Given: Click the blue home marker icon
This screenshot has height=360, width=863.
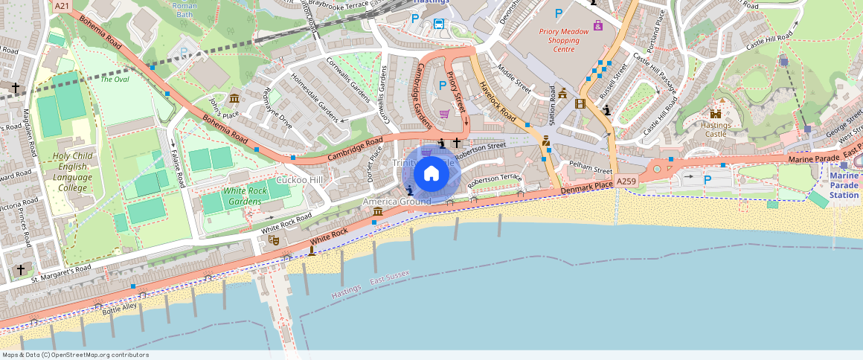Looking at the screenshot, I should click(x=431, y=174).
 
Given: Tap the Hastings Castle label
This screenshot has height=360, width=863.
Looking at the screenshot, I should click(x=716, y=130).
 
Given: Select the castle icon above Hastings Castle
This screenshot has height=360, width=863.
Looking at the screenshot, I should click(x=716, y=114).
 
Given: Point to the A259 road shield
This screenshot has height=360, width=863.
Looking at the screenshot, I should click(x=627, y=181).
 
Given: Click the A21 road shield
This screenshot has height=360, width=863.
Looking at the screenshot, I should click(x=62, y=6).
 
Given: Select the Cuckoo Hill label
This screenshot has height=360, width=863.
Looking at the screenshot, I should click(x=299, y=180).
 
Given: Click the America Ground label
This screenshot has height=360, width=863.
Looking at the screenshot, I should click(x=397, y=202).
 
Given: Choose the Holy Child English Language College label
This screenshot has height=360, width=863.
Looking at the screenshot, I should click(x=72, y=172).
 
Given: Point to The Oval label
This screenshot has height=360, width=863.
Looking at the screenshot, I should click(x=115, y=80).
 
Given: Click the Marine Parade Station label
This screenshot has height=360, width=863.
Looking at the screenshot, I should click(x=844, y=185).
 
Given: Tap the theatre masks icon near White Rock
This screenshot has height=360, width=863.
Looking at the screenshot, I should click(x=274, y=240).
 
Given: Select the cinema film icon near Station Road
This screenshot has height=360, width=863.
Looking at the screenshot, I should click(x=580, y=103).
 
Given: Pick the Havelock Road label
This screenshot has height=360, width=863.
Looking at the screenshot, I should click(x=498, y=101).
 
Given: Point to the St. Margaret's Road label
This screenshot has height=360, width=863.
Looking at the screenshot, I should click(x=61, y=274).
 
